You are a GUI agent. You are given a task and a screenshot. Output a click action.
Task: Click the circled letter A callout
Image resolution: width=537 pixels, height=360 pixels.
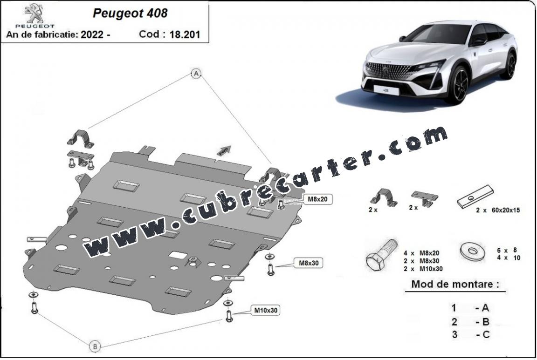(x=196, y=73)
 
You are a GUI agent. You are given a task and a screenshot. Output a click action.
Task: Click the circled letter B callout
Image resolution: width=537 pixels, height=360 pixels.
(x=95, y=346)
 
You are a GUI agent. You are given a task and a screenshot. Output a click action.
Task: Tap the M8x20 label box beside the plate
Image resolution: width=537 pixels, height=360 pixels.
(x=317, y=199)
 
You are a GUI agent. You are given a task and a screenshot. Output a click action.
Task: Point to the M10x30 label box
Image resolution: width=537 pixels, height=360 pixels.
(x=267, y=309)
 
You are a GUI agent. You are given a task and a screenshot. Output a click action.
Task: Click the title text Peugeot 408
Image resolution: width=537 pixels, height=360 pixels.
(x=130, y=13)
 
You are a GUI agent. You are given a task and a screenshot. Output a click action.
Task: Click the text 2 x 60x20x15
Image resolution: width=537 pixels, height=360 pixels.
(x=497, y=210)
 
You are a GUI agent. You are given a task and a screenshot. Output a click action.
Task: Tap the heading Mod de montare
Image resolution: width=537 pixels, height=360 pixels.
(x=458, y=284)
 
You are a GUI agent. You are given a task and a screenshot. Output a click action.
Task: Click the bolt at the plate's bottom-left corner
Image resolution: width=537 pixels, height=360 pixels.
(x=34, y=308)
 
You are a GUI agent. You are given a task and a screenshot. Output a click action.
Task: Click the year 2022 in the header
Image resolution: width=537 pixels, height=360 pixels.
(x=93, y=34)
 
